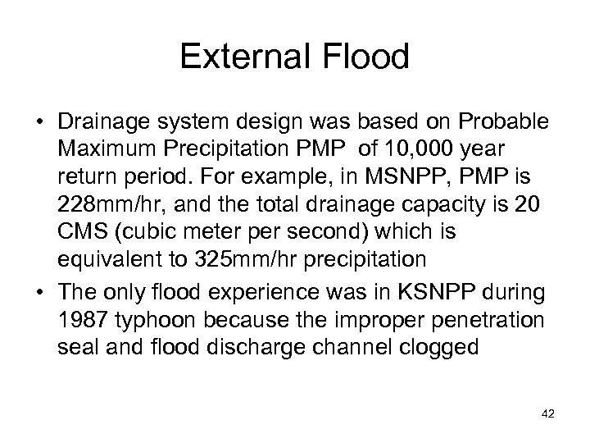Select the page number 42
[548, 415]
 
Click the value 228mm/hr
[104, 208]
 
